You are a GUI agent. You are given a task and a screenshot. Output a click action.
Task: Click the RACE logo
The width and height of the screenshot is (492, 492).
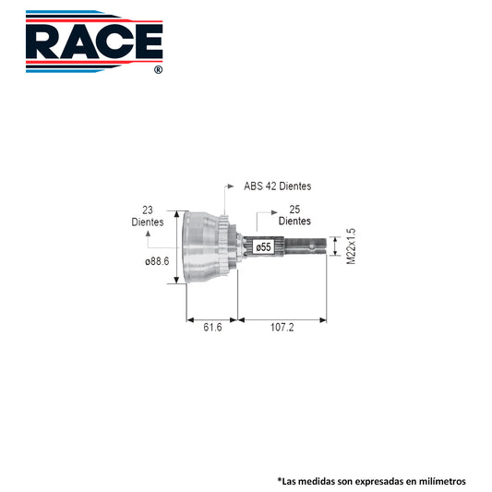[94, 42]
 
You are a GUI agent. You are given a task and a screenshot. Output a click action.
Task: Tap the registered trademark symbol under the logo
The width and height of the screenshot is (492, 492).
[159, 69]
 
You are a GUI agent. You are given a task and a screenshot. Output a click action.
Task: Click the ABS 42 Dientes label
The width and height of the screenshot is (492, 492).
[277, 186]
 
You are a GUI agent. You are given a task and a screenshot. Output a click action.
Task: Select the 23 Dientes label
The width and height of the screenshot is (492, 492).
[148, 216]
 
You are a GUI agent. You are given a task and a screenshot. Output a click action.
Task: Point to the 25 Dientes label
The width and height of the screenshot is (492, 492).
[294, 215]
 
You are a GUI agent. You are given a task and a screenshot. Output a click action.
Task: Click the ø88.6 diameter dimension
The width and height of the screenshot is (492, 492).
[157, 261]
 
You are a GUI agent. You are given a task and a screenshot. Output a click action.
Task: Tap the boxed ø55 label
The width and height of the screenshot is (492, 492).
[264, 247]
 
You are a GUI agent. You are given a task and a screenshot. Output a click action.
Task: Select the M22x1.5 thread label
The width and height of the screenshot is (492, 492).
[351, 246]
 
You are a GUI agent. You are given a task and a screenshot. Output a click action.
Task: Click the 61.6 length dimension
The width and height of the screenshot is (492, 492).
[212, 328]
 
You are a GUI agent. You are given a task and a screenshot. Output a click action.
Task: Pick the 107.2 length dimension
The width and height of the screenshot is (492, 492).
[282, 328]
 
